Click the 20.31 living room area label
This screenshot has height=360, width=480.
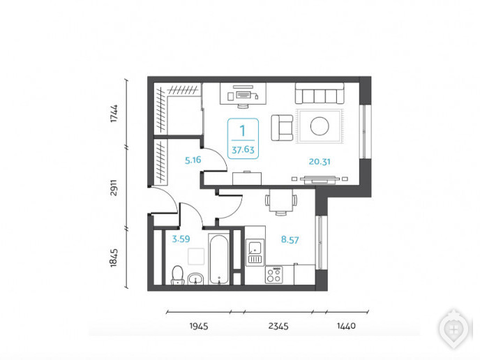coord(320,161)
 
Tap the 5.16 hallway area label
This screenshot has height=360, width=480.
coord(193,160)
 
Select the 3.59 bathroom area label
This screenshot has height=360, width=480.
coord(181,239)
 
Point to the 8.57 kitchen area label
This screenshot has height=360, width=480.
coord(290,240)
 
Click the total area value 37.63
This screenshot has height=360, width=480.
coord(243,150)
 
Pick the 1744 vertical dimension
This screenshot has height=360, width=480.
coord(114,113)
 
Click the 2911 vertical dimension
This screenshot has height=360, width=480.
coord(114,188)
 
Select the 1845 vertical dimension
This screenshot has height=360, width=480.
coord(114,257)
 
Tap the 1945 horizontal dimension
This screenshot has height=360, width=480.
coord(199,326)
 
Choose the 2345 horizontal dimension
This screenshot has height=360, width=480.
coord(278,326)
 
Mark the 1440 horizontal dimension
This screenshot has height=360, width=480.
coord(346,326)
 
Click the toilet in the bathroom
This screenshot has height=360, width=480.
coord(177,275)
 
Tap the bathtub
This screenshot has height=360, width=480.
coord(219,260)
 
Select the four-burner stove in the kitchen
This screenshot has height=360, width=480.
coord(274,275)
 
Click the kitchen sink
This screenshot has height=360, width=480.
coord(255,253)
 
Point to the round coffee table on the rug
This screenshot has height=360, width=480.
coord(320,126)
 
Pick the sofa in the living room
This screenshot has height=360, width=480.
coord(320,93)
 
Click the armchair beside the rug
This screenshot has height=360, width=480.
coord(282,128)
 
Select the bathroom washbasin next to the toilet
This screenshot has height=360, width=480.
coord(195,278)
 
